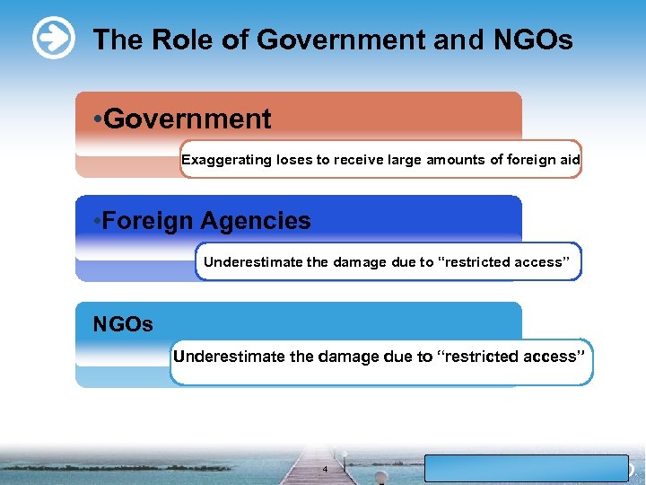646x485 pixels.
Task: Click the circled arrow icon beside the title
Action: click(x=53, y=39)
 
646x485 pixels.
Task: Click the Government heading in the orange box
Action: click(x=188, y=119)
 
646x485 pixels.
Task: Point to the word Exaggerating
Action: click(x=226, y=160)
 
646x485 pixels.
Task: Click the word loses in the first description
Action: click(x=293, y=160)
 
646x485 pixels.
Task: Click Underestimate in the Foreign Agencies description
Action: click(x=253, y=262)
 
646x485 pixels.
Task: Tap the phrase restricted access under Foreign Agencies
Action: click(x=507, y=262)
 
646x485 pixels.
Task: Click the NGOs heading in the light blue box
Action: click(x=123, y=324)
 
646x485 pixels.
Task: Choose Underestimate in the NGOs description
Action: click(x=230, y=357)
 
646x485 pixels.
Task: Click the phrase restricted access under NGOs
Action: click(x=513, y=357)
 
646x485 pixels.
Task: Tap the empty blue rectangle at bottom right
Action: click(x=526, y=468)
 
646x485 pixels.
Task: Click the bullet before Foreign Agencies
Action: click(x=97, y=222)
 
